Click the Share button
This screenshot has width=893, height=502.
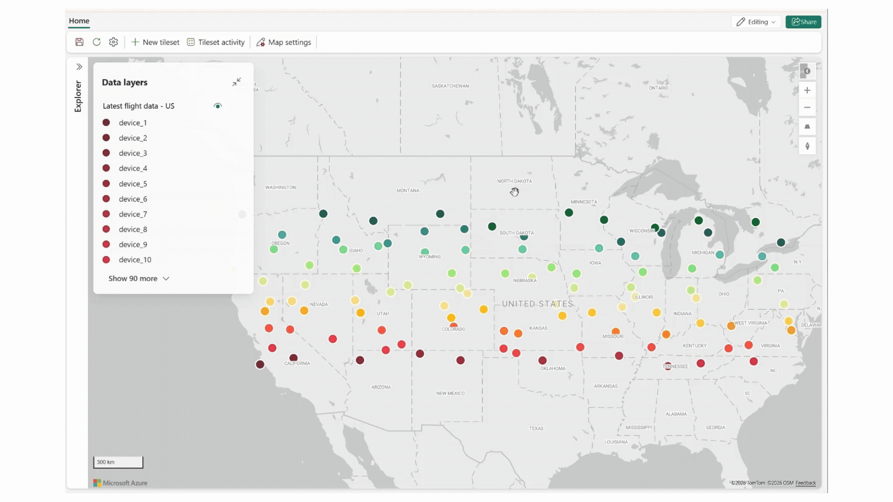coord(803,22)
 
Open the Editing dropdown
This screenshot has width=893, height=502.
coord(756,22)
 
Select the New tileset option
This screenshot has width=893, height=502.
coord(155,42)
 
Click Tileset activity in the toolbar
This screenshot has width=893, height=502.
coord(216,42)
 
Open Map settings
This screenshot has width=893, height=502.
coord(284,42)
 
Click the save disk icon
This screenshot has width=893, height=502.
coord(80,42)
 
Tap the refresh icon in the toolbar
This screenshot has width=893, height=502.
coord(97,42)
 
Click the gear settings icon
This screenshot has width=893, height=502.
coord(113,42)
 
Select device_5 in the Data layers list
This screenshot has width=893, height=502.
coord(133,184)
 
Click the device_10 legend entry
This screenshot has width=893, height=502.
coord(135,260)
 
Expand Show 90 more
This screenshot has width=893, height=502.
coord(139,278)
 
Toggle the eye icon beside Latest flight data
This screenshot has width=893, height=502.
coord(218,106)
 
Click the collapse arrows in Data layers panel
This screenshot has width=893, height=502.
coord(237,82)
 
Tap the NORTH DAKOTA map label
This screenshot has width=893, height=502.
coord(514,181)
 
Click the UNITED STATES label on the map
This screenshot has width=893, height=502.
coord(537,304)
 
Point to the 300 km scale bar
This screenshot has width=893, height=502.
coord(118,462)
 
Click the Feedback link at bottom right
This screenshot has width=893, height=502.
coord(806,483)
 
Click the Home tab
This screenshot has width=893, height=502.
coord(79,21)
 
